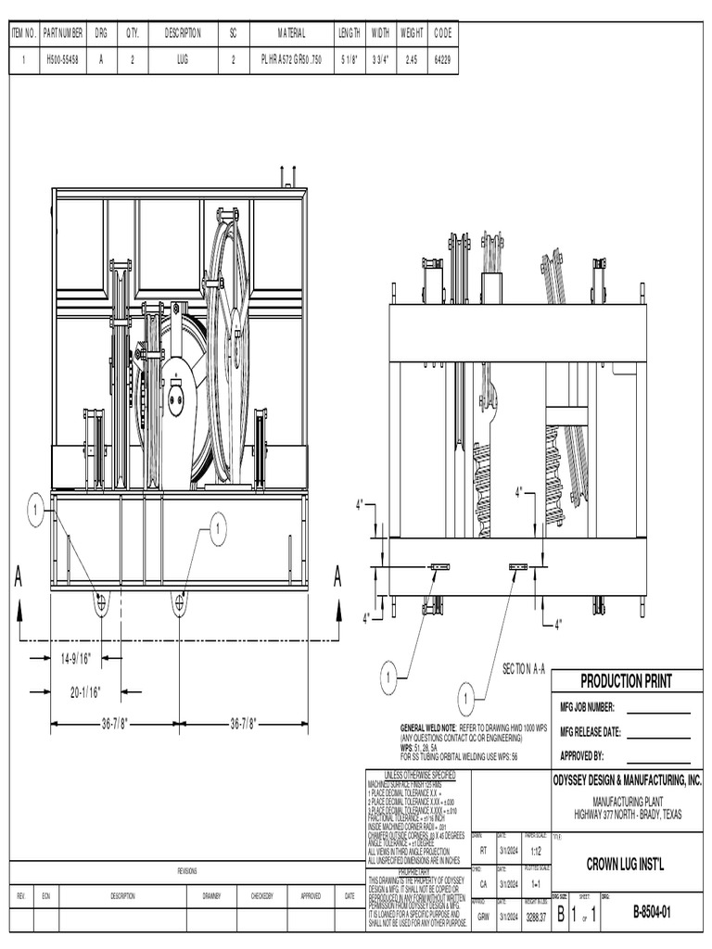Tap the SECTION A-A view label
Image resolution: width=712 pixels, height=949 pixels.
tap(526, 668)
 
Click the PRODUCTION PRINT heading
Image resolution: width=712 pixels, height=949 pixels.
tap(626, 681)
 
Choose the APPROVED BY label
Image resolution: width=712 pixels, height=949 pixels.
tap(582, 755)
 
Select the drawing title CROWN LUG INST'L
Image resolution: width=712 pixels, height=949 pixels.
tap(627, 865)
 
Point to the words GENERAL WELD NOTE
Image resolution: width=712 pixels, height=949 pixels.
tap(427, 728)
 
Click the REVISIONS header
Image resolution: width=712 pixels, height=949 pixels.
tap(188, 871)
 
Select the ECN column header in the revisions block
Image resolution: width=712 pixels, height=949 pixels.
tap(45, 896)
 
